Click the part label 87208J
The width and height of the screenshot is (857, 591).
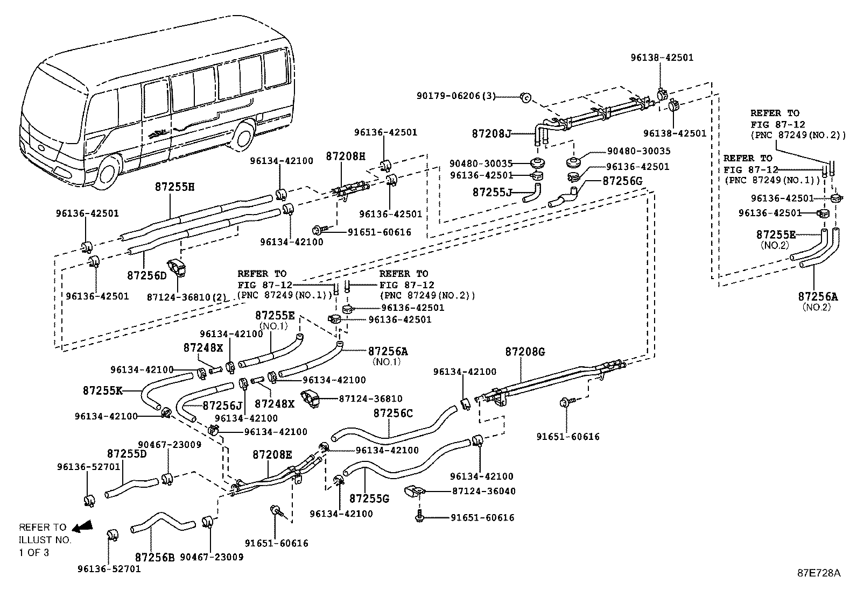pyautogui.click(x=491, y=134)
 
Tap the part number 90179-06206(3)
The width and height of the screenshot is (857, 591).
pyautogui.click(x=456, y=96)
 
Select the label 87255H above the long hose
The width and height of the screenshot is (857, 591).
pyautogui.click(x=174, y=187)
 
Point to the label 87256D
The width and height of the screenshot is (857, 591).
pyautogui.click(x=147, y=275)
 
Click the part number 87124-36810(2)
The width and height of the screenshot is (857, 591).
pyautogui.click(x=187, y=297)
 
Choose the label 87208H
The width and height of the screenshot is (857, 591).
pyautogui.click(x=346, y=156)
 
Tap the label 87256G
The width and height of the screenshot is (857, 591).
pyautogui.click(x=622, y=181)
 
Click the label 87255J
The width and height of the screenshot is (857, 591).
pyautogui.click(x=492, y=192)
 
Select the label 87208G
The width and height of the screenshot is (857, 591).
pyautogui.click(x=525, y=352)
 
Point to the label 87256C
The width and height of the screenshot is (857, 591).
pyautogui.click(x=393, y=413)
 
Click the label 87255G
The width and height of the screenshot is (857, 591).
pyautogui.click(x=369, y=499)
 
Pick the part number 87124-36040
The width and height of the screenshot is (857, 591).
pyautogui.click(x=484, y=491)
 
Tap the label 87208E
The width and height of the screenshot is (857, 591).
pyautogui.click(x=272, y=454)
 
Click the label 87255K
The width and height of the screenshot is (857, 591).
pyautogui.click(x=102, y=391)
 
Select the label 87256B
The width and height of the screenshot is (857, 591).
pyautogui.click(x=154, y=557)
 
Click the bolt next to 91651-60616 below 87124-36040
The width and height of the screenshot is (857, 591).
pyautogui.click(x=420, y=516)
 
